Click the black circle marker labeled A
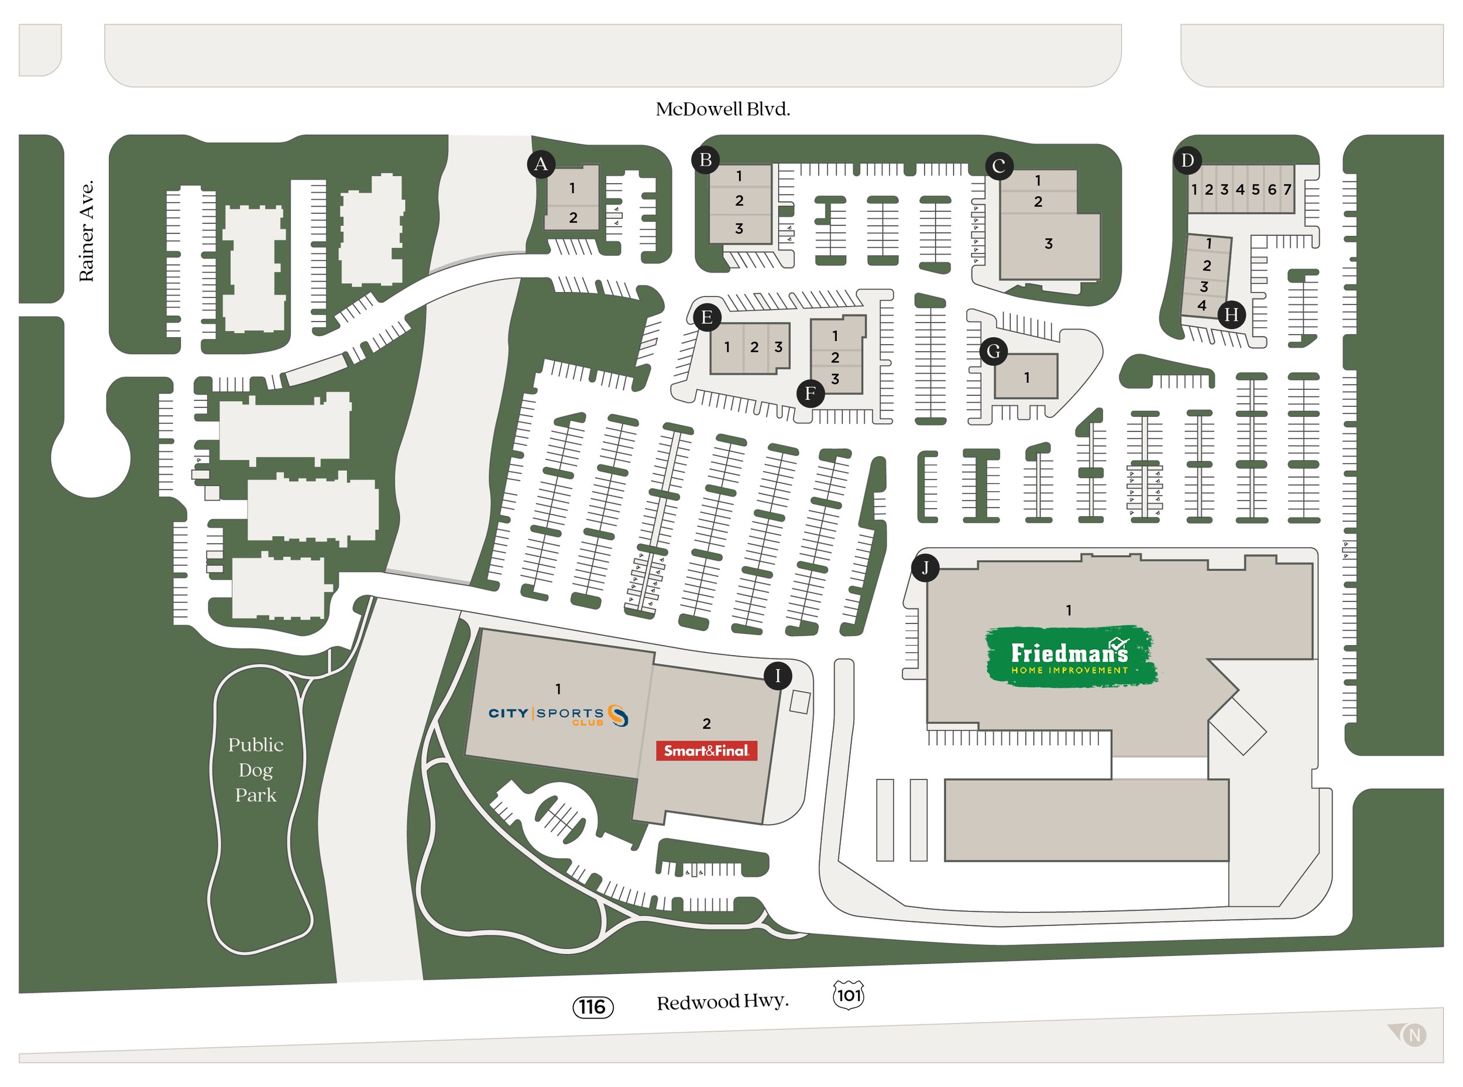pos(541,164)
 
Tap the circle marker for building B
pos(705,160)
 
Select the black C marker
pos(998,166)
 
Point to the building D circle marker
pos(1187,160)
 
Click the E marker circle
pos(707,317)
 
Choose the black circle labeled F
pos(811,393)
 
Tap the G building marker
pos(993,351)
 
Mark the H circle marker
pos(1231,314)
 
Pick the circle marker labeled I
pos(778,675)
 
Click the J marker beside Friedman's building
pos(925,567)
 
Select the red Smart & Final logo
pos(706,751)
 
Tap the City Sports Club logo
pos(558,715)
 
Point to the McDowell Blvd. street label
pos(722,109)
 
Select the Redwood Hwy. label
pos(722,1002)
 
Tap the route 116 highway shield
pos(593,1007)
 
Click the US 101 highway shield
pos(848,995)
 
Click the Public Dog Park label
pos(255,770)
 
